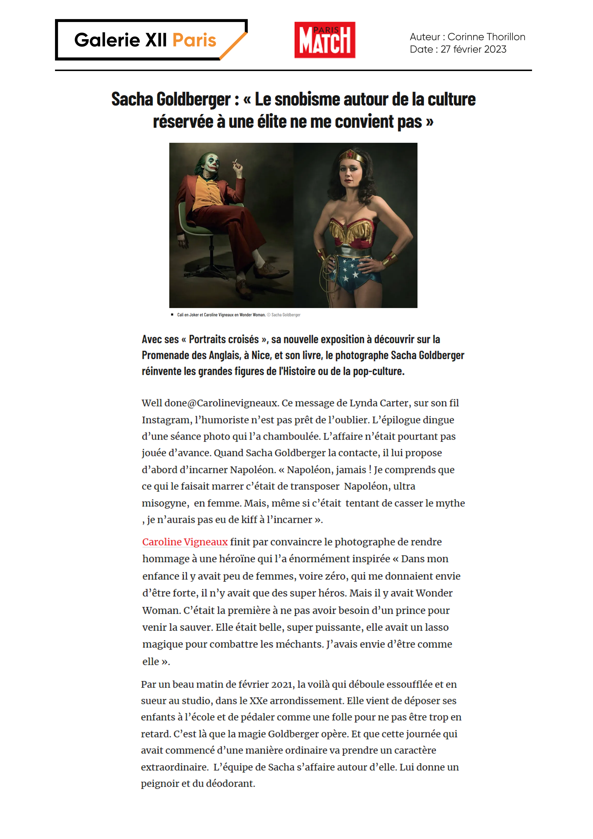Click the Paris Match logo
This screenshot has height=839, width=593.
(324, 40)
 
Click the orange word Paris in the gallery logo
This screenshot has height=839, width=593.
(194, 40)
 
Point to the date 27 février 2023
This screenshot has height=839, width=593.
(473, 49)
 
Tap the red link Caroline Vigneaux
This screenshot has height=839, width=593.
(185, 542)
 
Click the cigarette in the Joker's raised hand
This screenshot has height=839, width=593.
(235, 161)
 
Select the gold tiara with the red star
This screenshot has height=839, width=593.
(351, 156)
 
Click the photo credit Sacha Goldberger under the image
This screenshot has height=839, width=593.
(286, 315)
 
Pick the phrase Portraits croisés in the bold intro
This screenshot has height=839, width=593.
(224, 339)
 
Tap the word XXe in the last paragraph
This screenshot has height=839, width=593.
(258, 701)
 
